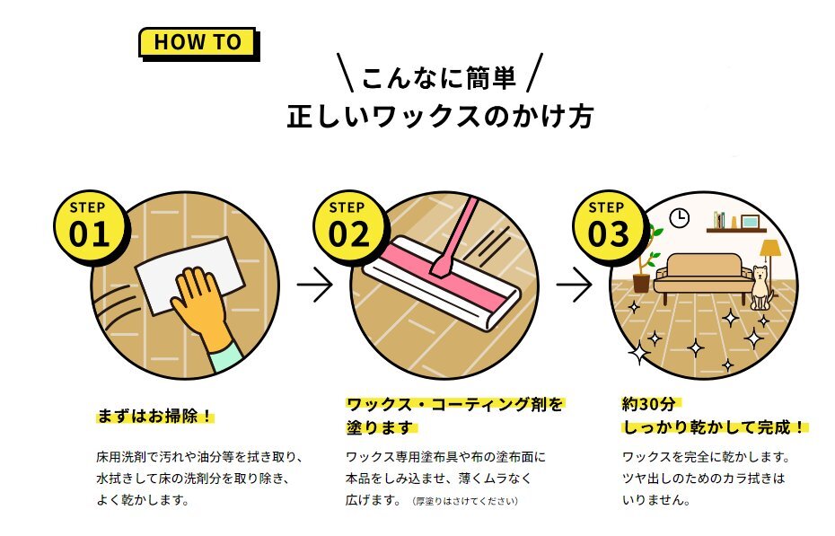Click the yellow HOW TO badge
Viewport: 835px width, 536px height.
point(198,42)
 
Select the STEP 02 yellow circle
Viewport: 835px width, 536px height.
point(348,226)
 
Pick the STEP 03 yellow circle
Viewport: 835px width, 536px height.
point(608,226)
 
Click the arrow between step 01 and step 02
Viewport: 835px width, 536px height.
point(314,285)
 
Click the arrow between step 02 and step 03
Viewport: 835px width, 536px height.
point(574,285)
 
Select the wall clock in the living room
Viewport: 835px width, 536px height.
point(679,217)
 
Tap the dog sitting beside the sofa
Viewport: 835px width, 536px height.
point(760,287)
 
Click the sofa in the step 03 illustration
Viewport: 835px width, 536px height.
point(702,276)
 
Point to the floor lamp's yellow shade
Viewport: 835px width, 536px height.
point(769,248)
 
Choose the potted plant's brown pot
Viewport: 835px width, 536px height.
point(641,282)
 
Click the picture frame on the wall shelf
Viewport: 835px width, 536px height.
point(750,221)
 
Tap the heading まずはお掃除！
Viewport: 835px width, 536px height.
point(155,416)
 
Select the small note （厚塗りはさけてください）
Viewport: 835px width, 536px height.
point(464,501)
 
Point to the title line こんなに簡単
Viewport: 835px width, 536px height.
point(439,78)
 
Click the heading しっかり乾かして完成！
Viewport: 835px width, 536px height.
point(714,426)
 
